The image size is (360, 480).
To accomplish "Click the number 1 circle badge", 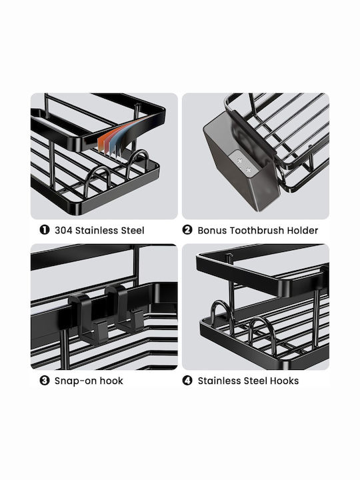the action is pyautogui.click(x=45, y=230).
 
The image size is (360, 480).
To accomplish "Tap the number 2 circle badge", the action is pyautogui.click(x=187, y=230).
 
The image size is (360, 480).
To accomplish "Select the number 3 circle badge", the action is pyautogui.click(x=45, y=381).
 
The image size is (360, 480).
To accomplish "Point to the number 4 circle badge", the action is pyautogui.click(x=187, y=381).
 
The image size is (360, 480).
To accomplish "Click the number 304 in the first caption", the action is pyautogui.click(x=63, y=230).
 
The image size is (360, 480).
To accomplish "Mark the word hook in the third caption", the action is pyautogui.click(x=111, y=381).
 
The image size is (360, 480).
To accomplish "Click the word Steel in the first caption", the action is pyautogui.click(x=131, y=230).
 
